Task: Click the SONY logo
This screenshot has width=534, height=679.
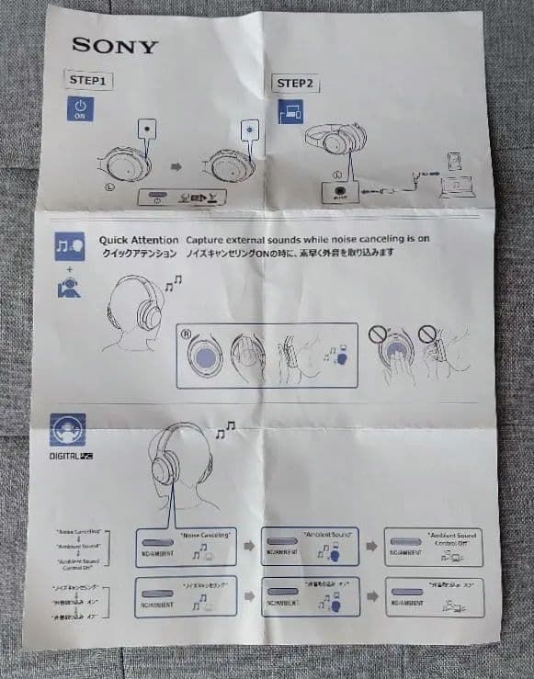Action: [115, 46]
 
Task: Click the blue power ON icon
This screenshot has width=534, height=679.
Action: [80, 110]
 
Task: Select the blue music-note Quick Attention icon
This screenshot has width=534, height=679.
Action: [69, 246]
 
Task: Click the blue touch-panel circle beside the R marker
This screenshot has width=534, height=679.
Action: [206, 354]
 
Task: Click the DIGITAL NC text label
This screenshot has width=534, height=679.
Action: [73, 456]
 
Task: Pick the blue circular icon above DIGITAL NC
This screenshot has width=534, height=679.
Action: [68, 429]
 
